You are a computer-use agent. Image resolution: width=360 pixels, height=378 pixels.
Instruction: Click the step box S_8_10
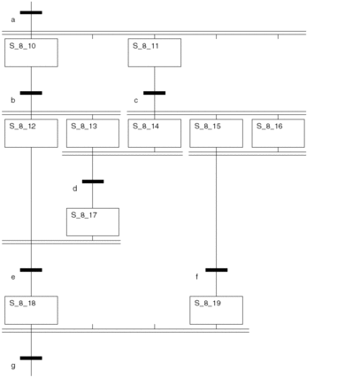[31, 52]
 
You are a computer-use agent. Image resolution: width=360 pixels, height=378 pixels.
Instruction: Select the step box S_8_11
[155, 52]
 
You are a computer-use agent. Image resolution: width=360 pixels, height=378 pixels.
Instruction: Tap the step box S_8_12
[31, 133]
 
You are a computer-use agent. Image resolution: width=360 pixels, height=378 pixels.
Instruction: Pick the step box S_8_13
[93, 133]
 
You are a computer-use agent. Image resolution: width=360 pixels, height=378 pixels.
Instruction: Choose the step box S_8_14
[155, 133]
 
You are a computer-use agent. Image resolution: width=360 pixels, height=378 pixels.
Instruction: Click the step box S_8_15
[217, 133]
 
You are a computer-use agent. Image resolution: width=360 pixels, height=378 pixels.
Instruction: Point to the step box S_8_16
[279, 133]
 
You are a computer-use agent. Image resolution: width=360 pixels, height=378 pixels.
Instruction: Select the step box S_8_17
[93, 222]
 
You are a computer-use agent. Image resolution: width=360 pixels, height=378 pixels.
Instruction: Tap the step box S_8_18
[31, 310]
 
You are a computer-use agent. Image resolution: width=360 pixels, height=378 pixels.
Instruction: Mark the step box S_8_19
[217, 310]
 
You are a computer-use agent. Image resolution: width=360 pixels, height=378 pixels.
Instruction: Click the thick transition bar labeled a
[31, 12]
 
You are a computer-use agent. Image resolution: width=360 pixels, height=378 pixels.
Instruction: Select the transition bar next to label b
[31, 93]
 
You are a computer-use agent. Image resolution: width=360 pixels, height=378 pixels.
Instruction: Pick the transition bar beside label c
[155, 93]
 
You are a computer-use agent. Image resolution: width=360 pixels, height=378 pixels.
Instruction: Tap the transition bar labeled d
[93, 181]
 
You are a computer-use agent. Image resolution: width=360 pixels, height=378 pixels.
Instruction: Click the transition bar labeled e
[31, 270]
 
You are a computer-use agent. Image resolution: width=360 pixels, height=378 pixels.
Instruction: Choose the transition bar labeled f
[217, 270]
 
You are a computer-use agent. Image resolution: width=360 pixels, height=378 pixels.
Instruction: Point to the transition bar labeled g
[31, 359]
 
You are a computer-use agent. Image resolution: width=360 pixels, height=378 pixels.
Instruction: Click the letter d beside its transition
[75, 189]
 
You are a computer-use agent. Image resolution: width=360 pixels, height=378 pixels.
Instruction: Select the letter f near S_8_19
[196, 277]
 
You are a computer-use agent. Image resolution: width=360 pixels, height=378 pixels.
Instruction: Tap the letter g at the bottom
[13, 366]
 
